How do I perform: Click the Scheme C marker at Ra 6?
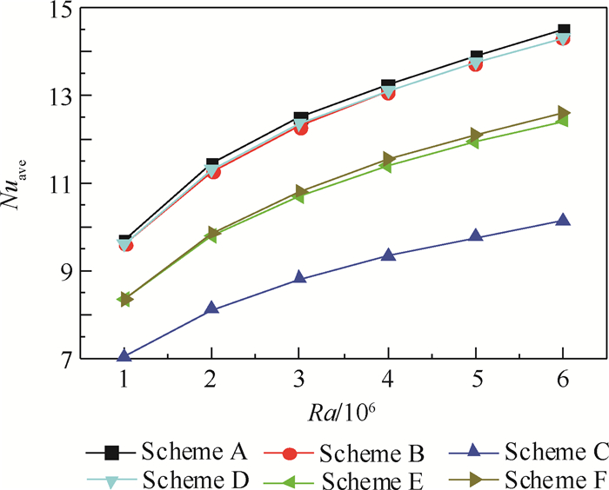(x=563, y=221)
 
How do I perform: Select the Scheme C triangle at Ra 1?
(x=124, y=355)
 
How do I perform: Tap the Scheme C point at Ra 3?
(x=300, y=278)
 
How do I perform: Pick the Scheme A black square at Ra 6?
(x=563, y=30)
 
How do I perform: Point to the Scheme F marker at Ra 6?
(x=563, y=113)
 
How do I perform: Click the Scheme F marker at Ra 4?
(x=388, y=159)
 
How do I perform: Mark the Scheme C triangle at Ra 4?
(x=388, y=255)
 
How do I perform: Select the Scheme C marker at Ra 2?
(x=212, y=308)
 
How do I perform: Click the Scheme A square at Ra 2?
(x=212, y=163)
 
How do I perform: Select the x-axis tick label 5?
(x=476, y=381)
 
